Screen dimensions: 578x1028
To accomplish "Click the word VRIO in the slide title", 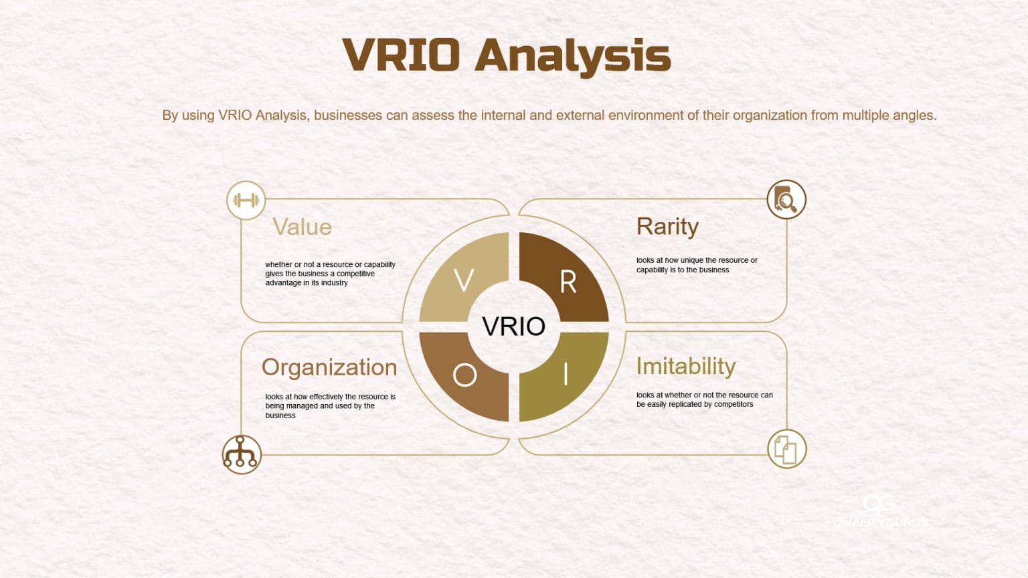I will pos(401,55).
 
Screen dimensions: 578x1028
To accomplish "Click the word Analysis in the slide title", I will pos(573,56).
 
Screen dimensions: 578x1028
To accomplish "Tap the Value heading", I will pos(302,227).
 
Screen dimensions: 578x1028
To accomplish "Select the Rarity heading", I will pos(667,227).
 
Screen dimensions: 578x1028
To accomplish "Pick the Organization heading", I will pos(329,367).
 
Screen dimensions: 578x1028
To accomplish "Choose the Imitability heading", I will pos(686,366).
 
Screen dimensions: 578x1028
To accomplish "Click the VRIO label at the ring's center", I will pos(513,326).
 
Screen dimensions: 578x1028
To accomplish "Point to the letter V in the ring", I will pos(464,280).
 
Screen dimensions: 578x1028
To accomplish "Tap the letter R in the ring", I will pos(568,282).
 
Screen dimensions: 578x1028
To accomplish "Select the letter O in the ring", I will pos(464,375).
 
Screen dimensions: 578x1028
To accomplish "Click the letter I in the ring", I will pos(566,375).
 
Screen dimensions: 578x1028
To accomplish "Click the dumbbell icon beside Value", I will pos(246,200).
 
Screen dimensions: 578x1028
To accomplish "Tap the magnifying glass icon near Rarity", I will pos(786,199).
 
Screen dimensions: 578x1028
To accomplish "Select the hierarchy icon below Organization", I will pos(241,454).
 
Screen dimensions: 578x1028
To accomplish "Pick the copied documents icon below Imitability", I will pos(786,449).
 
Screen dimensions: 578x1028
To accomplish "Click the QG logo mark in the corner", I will pos(879,503).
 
